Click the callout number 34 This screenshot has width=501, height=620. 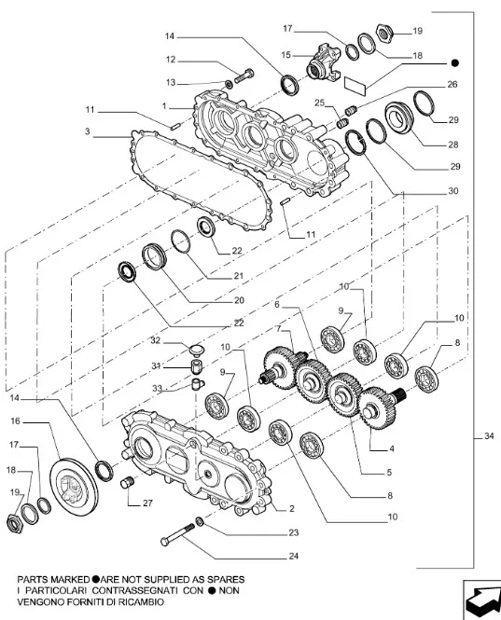click(x=490, y=435)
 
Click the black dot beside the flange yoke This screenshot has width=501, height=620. click(x=455, y=62)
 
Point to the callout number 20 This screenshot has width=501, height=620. click(x=238, y=300)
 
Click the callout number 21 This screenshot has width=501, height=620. click(x=238, y=276)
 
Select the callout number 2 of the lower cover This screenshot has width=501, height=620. click(x=292, y=508)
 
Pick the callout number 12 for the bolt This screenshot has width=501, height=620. click(x=171, y=60)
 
